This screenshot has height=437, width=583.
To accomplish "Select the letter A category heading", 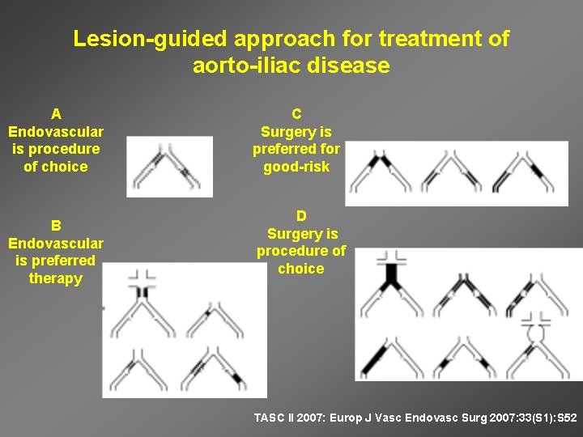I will [x=56, y=113].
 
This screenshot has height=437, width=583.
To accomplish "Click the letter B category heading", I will [x=56, y=225].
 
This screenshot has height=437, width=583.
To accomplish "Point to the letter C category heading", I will [x=296, y=114].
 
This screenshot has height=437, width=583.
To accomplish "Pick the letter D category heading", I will [x=301, y=216].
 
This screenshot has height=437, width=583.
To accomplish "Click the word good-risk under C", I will [x=296, y=168].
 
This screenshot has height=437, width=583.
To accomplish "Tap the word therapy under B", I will [x=56, y=278].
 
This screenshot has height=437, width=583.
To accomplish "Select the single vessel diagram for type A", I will [x=169, y=167].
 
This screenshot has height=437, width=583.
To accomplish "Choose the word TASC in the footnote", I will [x=270, y=418].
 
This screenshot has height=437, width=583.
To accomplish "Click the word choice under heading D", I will [x=301, y=269].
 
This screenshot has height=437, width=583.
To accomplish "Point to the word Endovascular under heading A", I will [x=56, y=131].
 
